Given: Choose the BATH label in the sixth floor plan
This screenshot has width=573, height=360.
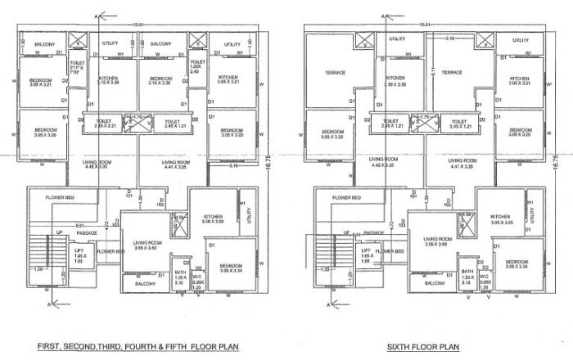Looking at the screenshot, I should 467,276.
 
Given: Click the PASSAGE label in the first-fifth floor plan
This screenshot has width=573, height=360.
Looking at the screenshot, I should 88,233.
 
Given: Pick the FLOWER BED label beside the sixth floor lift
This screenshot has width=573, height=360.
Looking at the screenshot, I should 391,251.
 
